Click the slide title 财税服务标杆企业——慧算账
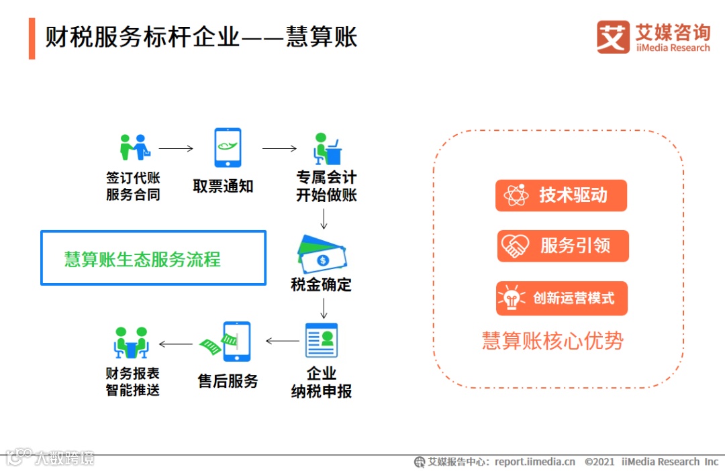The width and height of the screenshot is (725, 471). click(201, 36)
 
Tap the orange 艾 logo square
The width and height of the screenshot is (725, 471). click(613, 37)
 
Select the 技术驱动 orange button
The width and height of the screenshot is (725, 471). click(561, 195)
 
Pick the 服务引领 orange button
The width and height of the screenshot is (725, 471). click(563, 246)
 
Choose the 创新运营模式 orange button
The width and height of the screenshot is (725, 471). click(562, 298)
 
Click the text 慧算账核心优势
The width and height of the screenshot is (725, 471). click(552, 341)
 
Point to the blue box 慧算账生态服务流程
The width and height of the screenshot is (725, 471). click(153, 258)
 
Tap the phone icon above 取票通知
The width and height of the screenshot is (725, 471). click(228, 148)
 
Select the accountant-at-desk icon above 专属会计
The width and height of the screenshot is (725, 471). click(326, 148)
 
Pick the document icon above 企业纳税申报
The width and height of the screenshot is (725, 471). click(322, 340)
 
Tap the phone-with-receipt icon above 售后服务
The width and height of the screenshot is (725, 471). click(228, 342)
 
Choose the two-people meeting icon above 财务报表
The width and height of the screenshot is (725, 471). click(131, 343)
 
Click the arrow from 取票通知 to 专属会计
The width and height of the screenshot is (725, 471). click(279, 148)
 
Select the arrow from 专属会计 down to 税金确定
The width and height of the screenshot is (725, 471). click(324, 219)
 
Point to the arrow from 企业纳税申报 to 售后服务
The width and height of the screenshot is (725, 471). click(283, 342)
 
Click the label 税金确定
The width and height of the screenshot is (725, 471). click(321, 284)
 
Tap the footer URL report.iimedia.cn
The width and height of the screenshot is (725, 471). click(535, 462)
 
